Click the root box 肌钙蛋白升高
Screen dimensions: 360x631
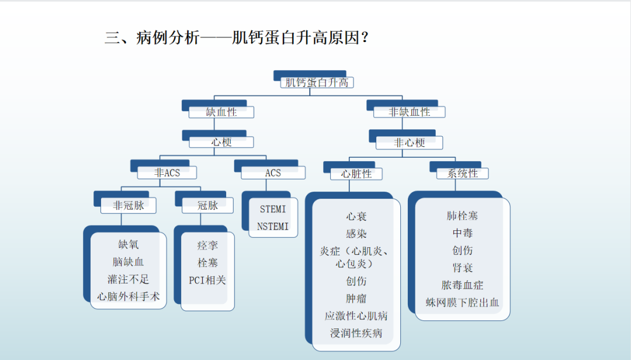click(x=316, y=82)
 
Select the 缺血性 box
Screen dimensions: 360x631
click(x=221, y=112)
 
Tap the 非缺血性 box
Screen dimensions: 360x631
click(x=410, y=112)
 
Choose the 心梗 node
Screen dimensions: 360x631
click(x=221, y=142)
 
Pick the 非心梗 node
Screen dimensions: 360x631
click(x=409, y=143)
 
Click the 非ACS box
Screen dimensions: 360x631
click(x=167, y=172)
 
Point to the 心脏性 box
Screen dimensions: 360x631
click(x=356, y=174)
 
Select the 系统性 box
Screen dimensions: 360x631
click(x=462, y=174)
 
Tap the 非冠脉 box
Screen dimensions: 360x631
click(x=129, y=205)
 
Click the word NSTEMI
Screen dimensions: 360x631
click(x=273, y=227)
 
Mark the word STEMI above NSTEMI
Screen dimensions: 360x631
click(x=273, y=209)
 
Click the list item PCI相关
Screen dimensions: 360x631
click(x=207, y=280)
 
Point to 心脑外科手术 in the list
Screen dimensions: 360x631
click(x=129, y=297)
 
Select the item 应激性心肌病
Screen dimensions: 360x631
click(x=356, y=316)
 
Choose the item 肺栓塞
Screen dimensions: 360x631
click(x=462, y=216)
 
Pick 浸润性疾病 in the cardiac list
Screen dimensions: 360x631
click(x=356, y=334)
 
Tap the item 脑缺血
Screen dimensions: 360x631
click(x=129, y=262)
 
